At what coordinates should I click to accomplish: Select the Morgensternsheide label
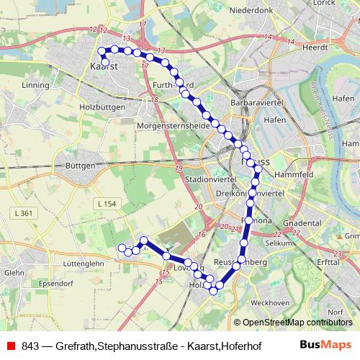[x=172, y=125]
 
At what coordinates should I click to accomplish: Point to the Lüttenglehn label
[x=85, y=264]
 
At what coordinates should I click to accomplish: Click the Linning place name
[x=35, y=84]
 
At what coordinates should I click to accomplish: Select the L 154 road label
[x=107, y=205]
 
